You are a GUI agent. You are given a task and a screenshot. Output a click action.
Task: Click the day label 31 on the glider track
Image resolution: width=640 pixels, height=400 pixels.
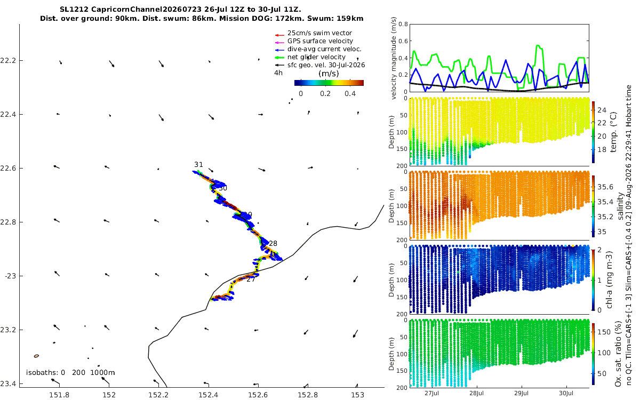[198, 165]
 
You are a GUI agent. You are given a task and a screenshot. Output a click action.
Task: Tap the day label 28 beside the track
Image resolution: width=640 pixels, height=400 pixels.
[273, 243]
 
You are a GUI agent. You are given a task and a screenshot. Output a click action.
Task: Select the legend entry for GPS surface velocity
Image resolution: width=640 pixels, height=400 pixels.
[320, 41]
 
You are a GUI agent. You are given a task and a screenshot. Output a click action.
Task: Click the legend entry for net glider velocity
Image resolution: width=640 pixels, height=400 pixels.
[316, 57]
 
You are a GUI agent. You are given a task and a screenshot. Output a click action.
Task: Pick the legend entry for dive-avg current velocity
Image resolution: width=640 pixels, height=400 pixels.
[324, 49]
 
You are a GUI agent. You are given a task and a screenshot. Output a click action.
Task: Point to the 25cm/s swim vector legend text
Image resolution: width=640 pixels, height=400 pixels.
[319, 33]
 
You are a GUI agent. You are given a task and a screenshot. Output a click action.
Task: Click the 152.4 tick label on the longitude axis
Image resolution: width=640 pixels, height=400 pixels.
[209, 395]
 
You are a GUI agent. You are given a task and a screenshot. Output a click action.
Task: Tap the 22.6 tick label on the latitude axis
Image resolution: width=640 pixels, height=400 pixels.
[7, 169]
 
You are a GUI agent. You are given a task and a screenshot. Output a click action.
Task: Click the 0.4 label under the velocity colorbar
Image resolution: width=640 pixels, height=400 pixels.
[350, 94]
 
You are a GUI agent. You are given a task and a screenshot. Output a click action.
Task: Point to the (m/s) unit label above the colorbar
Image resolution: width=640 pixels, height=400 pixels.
[329, 74]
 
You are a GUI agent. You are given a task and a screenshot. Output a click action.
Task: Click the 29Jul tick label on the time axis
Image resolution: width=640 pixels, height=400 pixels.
[522, 393]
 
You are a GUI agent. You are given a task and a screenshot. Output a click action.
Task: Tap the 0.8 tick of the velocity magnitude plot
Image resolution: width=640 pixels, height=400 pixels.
[403, 24]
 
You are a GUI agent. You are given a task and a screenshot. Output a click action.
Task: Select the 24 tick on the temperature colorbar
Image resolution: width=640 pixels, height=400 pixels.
[602, 110]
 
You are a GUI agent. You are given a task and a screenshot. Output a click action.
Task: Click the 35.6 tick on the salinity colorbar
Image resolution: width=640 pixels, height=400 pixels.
[605, 187]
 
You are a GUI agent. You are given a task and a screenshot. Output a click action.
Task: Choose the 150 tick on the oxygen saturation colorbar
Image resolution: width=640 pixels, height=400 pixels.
[604, 332]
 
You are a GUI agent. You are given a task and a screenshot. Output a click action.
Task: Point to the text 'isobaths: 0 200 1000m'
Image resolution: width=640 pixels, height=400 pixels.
[70, 373]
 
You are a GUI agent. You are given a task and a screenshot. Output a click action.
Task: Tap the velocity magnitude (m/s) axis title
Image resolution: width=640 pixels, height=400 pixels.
[394, 58]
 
